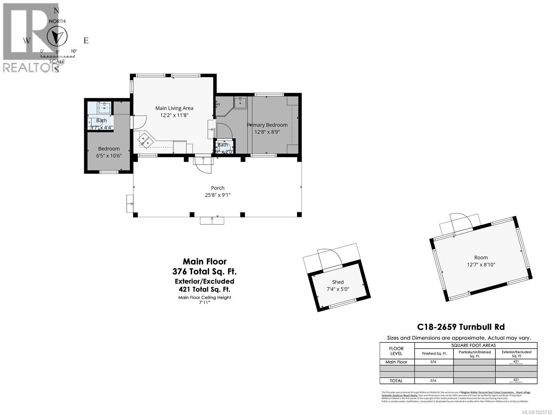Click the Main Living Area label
[174, 108]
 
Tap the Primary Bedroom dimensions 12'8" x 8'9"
[267, 132]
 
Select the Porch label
[217, 188]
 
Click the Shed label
[338, 282]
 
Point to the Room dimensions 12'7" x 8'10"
[481, 265]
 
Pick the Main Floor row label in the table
[396, 362]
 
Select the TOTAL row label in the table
[396, 380]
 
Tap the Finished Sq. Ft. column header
[434, 353]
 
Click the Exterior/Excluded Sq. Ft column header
[516, 353]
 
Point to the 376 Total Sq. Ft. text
[205, 271]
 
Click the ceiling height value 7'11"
[205, 302]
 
